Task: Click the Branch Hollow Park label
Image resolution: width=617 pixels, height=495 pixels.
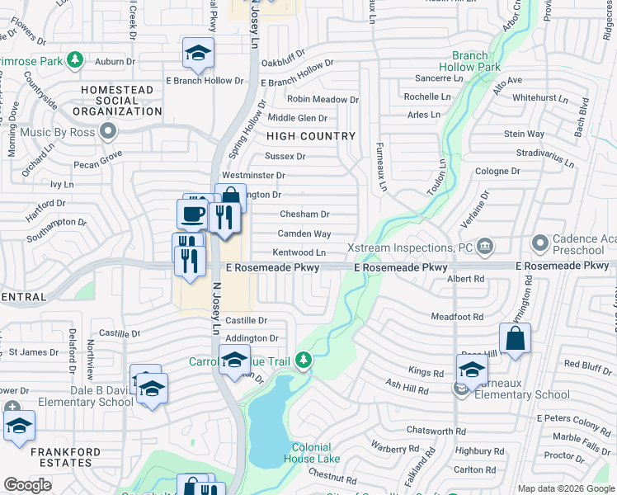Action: (470, 61)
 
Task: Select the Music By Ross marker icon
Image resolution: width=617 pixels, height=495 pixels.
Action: (107, 131)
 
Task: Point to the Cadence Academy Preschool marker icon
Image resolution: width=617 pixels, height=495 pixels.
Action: (540, 243)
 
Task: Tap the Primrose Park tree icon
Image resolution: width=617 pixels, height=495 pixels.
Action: (75, 59)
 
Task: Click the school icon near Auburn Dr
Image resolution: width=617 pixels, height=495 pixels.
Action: (198, 54)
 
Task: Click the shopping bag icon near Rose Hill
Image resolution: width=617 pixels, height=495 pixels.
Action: (514, 338)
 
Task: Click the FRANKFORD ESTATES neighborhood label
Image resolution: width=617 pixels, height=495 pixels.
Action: (65, 457)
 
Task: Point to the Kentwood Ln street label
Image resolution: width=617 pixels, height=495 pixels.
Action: (299, 252)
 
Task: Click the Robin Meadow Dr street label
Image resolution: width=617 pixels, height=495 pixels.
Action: (323, 100)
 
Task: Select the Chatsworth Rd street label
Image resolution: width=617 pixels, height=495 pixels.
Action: (436, 431)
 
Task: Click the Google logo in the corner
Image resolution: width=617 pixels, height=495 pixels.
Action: (28, 485)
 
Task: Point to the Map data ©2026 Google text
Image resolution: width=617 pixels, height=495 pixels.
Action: (565, 488)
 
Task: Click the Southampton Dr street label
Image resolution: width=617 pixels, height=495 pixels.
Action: (57, 223)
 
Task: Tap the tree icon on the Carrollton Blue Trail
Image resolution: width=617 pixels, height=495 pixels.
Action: (304, 359)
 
